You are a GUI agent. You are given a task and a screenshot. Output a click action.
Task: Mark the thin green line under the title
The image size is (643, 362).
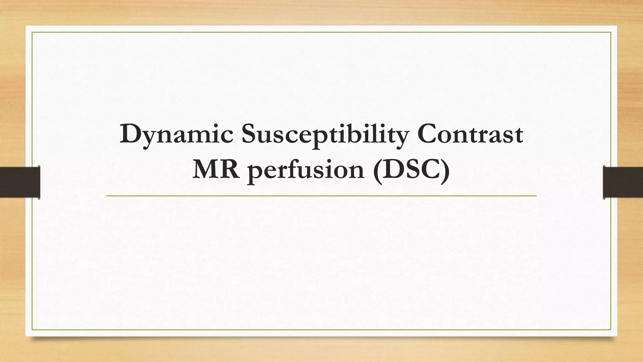[321, 196]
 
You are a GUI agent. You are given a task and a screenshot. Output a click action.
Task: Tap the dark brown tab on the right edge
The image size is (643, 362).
[623, 182]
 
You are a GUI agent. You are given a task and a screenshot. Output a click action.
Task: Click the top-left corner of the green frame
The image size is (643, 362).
[32, 32]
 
